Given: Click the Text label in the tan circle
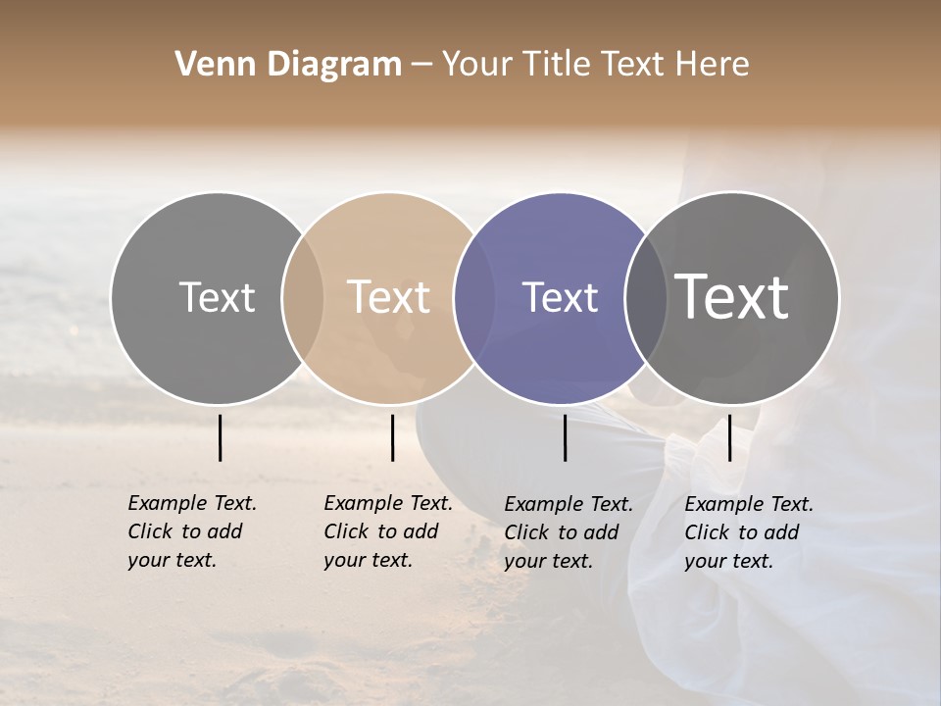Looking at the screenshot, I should (x=389, y=297).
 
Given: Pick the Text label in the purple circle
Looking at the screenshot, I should (x=560, y=297).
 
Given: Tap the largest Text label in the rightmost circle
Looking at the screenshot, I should (x=731, y=296).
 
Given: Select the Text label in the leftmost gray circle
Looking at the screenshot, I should (x=217, y=297).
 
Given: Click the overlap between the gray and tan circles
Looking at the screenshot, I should (x=303, y=297).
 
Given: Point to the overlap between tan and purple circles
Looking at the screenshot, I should (x=474, y=297).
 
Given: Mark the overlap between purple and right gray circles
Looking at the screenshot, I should (x=645, y=297).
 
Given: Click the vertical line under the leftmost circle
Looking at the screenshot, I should (x=220, y=437).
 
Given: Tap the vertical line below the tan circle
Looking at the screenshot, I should (x=392, y=437).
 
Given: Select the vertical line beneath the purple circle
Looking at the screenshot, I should (x=565, y=437).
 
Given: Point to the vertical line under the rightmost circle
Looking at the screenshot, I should (x=729, y=437).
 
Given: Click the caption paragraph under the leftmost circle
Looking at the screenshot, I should (x=191, y=531).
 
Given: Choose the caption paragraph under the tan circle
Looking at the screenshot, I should (x=387, y=531).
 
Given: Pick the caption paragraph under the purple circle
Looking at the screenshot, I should (x=568, y=532).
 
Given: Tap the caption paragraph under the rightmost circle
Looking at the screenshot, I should (x=748, y=532).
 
